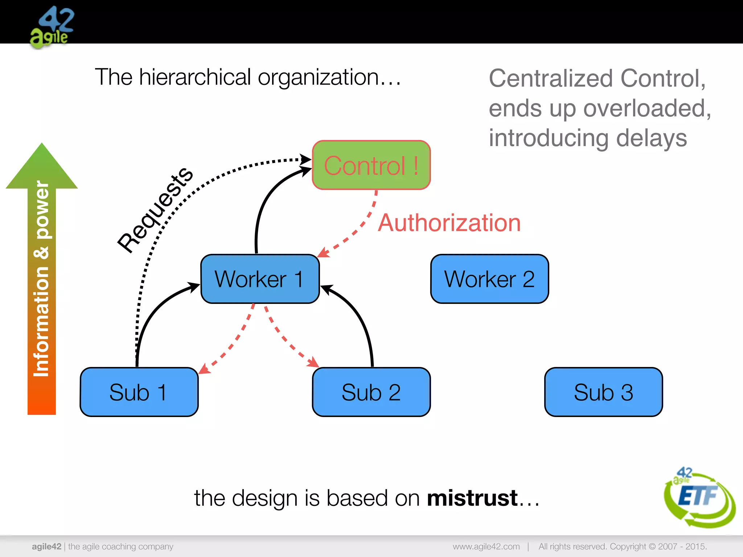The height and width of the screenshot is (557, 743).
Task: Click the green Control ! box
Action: pyautogui.click(x=371, y=165)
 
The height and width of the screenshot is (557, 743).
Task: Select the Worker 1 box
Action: pyautogui.click(x=260, y=279)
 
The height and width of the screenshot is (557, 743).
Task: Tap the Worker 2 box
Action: pyautogui.click(x=489, y=279)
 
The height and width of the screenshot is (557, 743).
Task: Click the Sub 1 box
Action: pyautogui.click(x=139, y=392)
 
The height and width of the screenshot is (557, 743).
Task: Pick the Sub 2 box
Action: pyautogui.click(x=371, y=392)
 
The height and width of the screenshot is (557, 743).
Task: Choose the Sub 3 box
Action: pyautogui.click(x=603, y=392)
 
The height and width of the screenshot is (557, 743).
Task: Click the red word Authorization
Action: pyautogui.click(x=449, y=223)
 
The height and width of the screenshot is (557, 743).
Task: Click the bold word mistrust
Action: pyautogui.click(x=472, y=498)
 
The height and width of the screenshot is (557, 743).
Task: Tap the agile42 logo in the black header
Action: pyautogui.click(x=52, y=27)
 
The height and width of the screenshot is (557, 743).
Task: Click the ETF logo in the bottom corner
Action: pyautogui.click(x=699, y=497)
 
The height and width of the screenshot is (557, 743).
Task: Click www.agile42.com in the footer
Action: pyautogui.click(x=486, y=546)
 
